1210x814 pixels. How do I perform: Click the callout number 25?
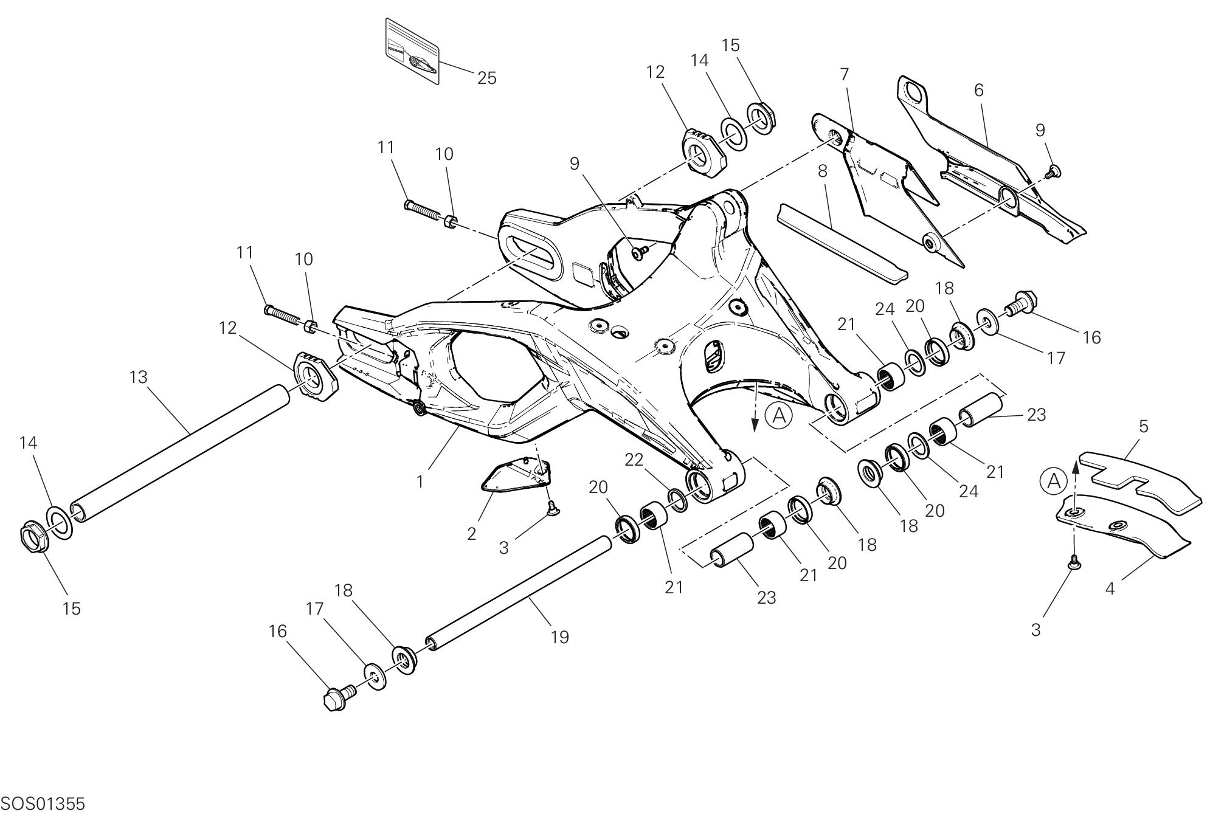click(x=486, y=78)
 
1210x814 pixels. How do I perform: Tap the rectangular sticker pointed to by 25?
click(x=412, y=52)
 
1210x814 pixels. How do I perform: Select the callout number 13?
click(x=139, y=378)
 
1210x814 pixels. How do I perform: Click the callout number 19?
click(x=559, y=637)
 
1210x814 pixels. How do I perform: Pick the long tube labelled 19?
click(x=517, y=590)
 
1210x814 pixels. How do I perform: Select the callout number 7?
click(x=844, y=74)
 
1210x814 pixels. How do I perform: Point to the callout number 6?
click(x=978, y=90)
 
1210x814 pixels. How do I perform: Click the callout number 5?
click(x=1143, y=427)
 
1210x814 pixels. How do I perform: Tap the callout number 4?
click(x=1110, y=588)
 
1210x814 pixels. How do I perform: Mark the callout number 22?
click(x=634, y=460)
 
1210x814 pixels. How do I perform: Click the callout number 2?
click(x=472, y=534)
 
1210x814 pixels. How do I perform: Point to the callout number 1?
click(x=420, y=481)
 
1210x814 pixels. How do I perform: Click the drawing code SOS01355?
click(x=43, y=804)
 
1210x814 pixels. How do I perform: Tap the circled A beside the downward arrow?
click(x=779, y=416)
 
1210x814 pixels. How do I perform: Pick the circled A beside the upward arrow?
click(x=1054, y=481)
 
